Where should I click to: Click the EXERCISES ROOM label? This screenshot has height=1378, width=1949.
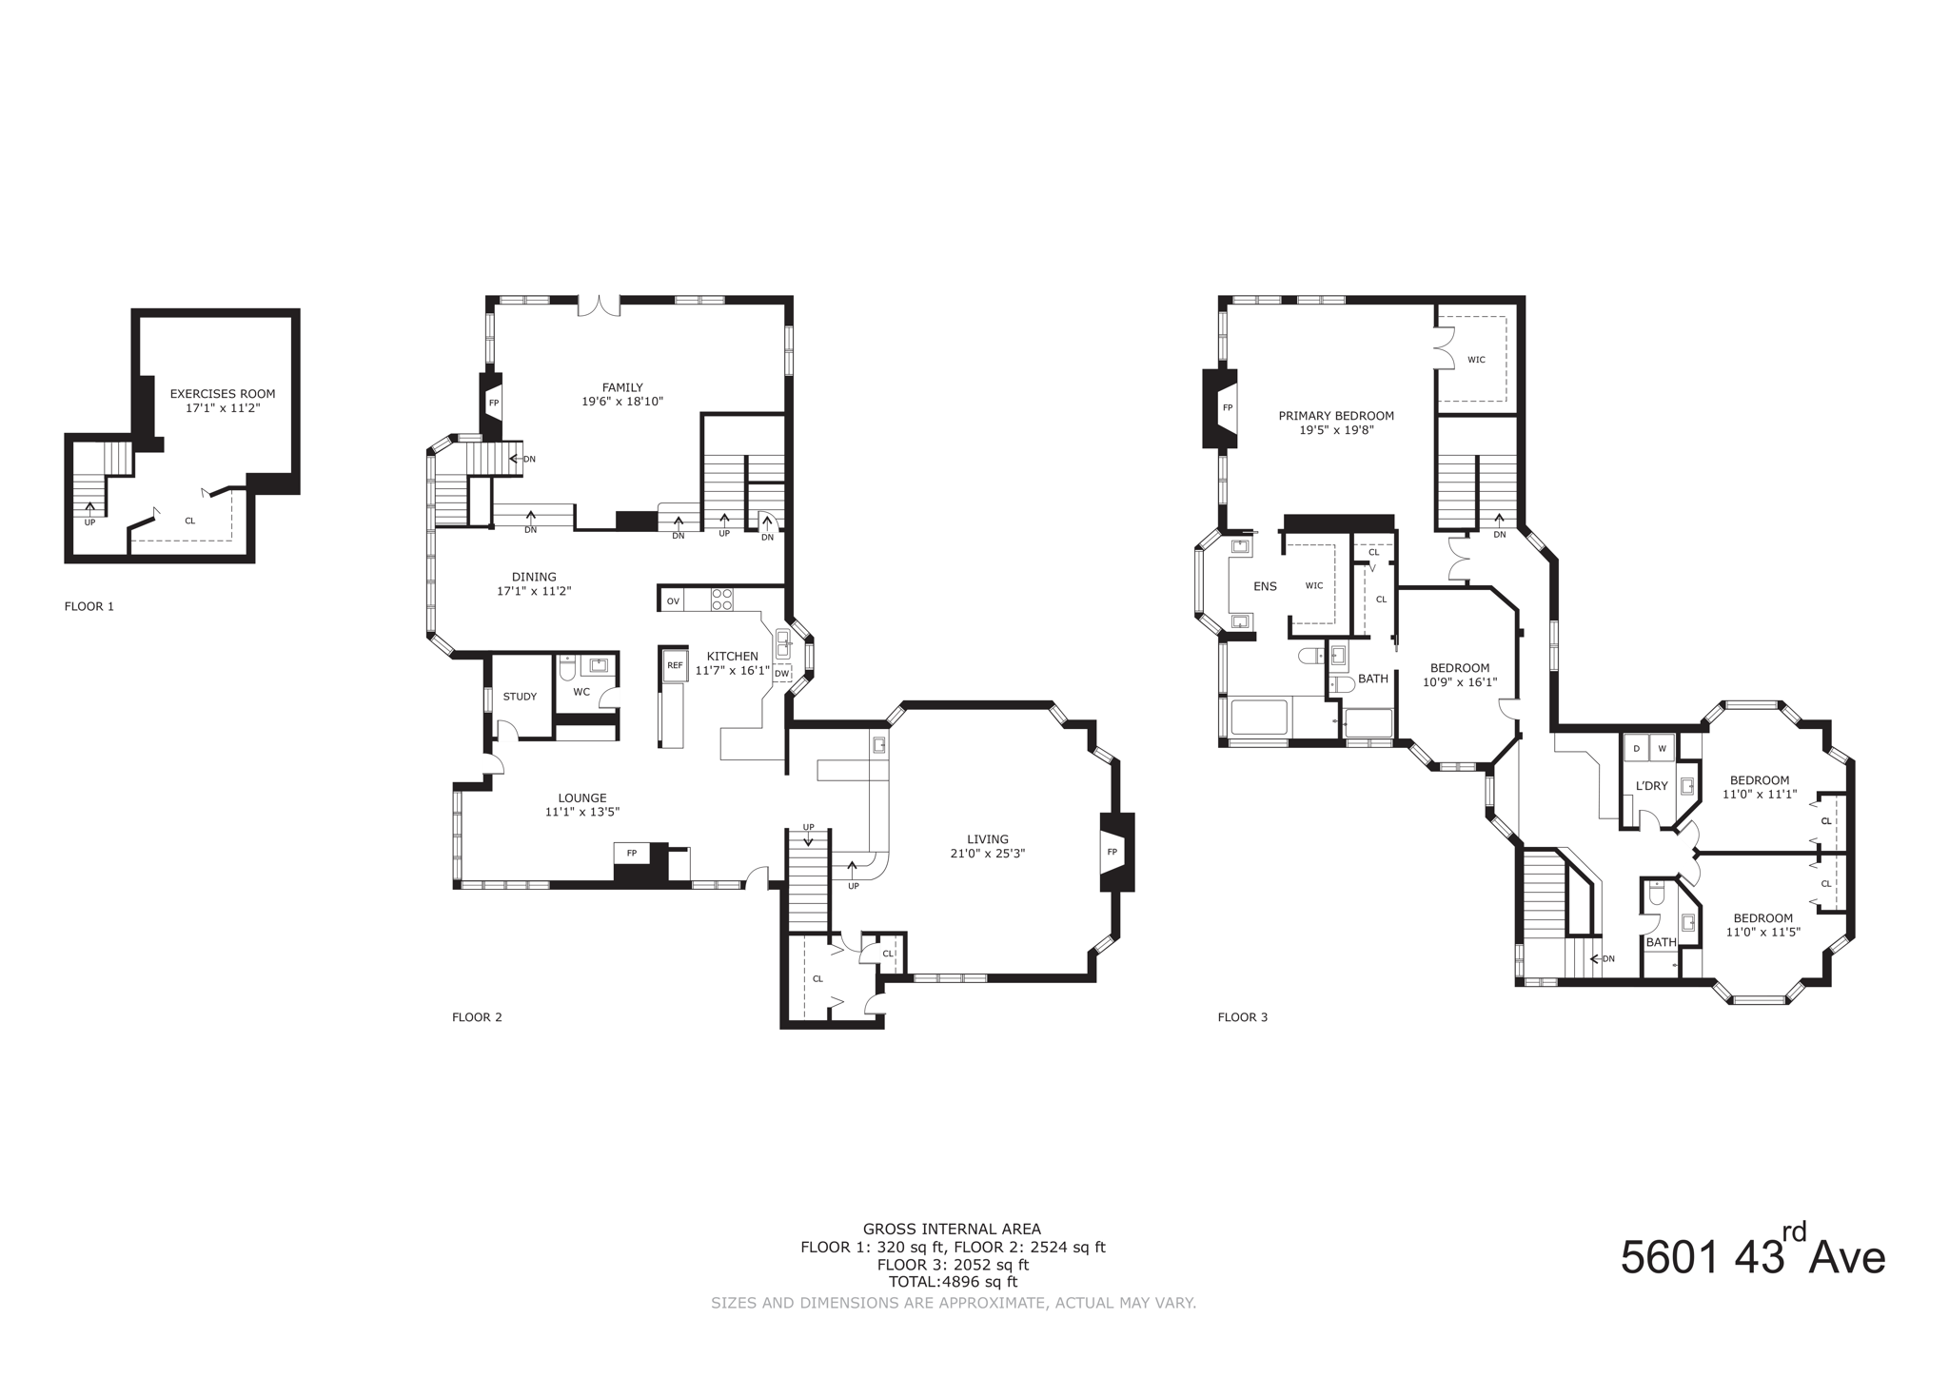[x=223, y=393]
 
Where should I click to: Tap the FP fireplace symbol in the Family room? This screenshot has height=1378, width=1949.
[x=494, y=403]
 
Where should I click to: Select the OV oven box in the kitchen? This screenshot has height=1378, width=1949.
[x=673, y=600]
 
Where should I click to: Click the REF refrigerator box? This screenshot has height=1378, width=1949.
[x=675, y=665]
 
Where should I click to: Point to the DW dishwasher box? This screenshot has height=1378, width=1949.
[x=781, y=674]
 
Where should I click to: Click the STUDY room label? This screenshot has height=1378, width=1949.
[x=520, y=697]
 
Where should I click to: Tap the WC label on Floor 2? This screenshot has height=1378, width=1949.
[x=581, y=692]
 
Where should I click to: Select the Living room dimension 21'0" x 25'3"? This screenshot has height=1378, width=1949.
[x=988, y=854]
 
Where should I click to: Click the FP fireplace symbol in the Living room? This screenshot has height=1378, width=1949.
[x=1112, y=852]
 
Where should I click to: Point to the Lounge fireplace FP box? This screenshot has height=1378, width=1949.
[x=631, y=853]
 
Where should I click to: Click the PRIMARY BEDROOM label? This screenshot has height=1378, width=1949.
[x=1336, y=416]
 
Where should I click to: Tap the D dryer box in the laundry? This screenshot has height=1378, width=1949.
[x=1637, y=748]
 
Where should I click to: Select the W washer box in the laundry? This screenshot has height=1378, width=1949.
[x=1663, y=748]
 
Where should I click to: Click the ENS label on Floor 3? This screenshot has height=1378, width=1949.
[x=1265, y=586]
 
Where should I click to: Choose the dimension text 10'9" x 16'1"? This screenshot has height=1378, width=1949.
[x=1460, y=681]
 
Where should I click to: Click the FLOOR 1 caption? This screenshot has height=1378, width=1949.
[x=89, y=606]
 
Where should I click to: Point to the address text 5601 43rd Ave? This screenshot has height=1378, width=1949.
[x=1752, y=1258]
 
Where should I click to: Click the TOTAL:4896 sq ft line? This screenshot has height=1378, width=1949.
[x=953, y=1282]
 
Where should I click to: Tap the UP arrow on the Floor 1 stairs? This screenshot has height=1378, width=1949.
[x=90, y=510]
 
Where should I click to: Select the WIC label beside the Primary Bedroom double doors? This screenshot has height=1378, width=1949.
[x=1476, y=360]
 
